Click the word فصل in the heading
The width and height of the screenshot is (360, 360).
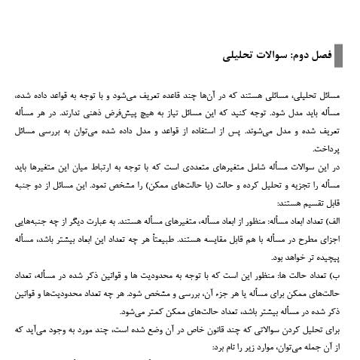[x=319, y=56]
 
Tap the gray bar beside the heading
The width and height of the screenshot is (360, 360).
[x=338, y=56]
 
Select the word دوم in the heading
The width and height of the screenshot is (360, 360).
[x=297, y=56]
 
